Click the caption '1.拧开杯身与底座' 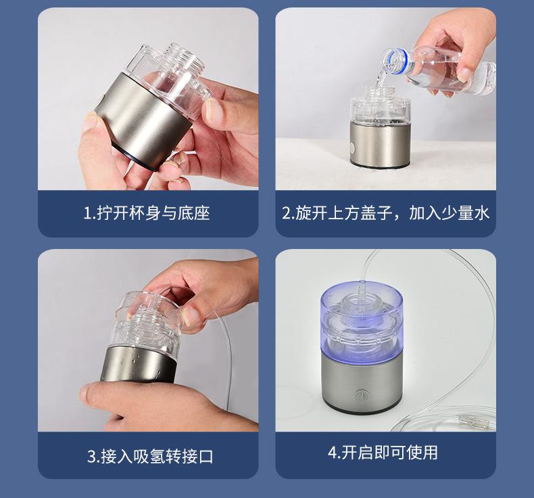147,213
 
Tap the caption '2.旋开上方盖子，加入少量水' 385,213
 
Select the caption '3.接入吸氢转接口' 150,456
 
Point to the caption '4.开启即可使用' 383,452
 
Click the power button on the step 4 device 361,395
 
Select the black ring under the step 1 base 135,158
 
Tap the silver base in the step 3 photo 139,365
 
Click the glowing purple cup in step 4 362,321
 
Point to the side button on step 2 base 352,148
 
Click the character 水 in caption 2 481,213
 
